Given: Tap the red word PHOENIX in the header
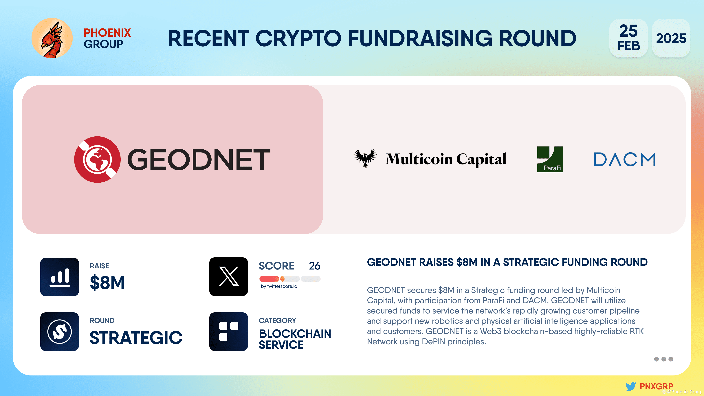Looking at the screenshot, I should pos(107,33).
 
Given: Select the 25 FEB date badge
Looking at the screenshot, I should pos(628,38).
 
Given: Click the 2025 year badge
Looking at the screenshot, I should pos(671,38).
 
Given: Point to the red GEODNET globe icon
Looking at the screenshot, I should pos(97,159).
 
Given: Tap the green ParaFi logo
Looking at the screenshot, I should pos(550,159).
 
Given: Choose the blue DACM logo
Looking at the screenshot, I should pos(624,159).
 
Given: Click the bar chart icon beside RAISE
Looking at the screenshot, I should pos(60,277).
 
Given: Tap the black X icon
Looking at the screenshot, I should pos(228,277).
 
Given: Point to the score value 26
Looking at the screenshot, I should pos(315,266).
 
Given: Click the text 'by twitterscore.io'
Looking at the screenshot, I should pos(279,286).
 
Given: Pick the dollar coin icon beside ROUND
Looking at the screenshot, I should pos(60,331).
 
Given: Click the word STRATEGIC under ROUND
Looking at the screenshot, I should pos(136,338).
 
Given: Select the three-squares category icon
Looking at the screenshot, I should pos(228,331).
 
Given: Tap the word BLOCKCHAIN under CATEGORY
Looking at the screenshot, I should pos(295,334).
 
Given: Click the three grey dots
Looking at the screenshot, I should pos(663,359).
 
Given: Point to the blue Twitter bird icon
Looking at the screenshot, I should pos(631,386).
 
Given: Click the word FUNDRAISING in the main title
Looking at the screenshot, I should pos(420,38).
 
